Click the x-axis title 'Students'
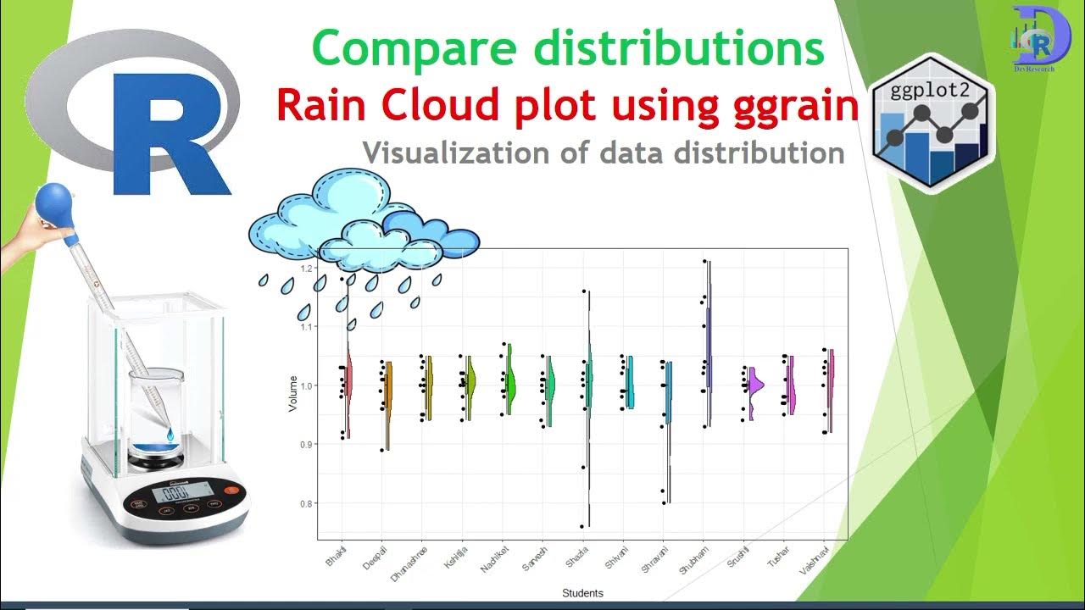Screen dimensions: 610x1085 pyautogui.click(x=582, y=593)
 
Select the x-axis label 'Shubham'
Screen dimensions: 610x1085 pyautogui.click(x=693, y=560)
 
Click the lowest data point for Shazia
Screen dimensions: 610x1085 pyautogui.click(x=582, y=526)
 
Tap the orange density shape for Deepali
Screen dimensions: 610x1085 pyautogui.click(x=388, y=398)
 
